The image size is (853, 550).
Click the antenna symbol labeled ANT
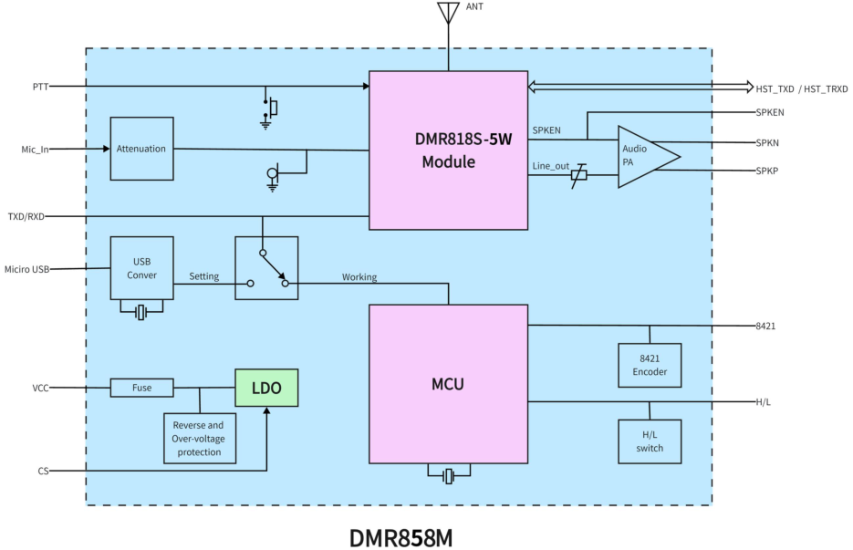pyautogui.click(x=448, y=13)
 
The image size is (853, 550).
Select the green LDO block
pyautogui.click(x=266, y=389)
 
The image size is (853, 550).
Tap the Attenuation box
pyautogui.click(x=141, y=149)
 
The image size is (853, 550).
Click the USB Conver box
pyautogui.click(x=141, y=268)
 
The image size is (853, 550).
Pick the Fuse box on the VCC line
pyautogui.click(x=141, y=388)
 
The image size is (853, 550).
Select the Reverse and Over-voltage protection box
pyautogui.click(x=198, y=439)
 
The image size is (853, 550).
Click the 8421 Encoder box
pyautogui.click(x=649, y=365)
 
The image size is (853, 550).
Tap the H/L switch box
pyautogui.click(x=649, y=441)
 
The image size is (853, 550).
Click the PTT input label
pyautogui.click(x=39, y=87)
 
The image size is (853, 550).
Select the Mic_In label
pyautogui.click(x=35, y=149)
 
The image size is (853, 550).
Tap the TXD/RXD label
pyautogui.click(x=26, y=216)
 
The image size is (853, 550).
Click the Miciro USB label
pyautogui.click(x=26, y=269)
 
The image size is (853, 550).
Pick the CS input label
pyautogui.click(x=43, y=471)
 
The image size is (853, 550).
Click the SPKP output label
pyautogui.click(x=766, y=171)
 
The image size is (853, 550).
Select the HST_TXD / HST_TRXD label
pyautogui.click(x=801, y=88)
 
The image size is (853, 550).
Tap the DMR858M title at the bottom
pyautogui.click(x=400, y=536)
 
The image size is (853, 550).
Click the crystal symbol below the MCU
pyautogui.click(x=448, y=476)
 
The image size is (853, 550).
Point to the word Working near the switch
pyautogui.click(x=359, y=276)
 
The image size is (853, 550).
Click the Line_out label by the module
pyautogui.click(x=550, y=165)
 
